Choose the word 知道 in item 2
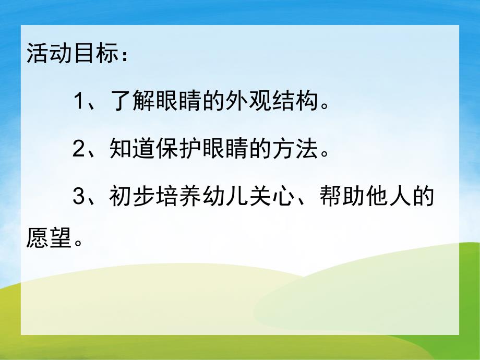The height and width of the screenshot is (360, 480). coord(133,150)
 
